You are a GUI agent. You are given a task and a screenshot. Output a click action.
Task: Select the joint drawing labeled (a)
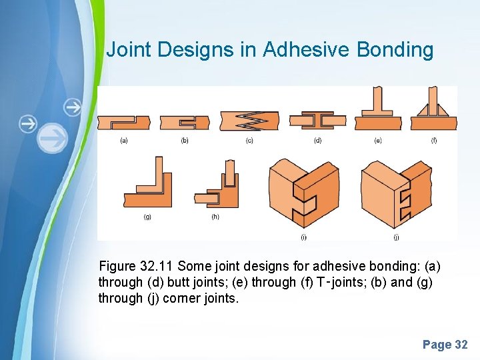point(124,122)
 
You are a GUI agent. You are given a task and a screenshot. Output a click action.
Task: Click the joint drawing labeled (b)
point(185,122)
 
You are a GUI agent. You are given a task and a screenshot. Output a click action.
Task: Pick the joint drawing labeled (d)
point(317,120)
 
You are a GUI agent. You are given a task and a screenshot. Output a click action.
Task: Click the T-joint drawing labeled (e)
point(377,111)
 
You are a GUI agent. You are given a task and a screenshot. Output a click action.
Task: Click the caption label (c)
point(249,140)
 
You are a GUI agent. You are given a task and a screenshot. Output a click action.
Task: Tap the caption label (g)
point(147,217)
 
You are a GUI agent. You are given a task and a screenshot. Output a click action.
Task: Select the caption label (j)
point(396,237)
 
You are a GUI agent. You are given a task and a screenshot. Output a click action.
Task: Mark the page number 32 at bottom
point(461,345)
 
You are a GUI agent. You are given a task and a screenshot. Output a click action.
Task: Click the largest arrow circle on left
point(52,139)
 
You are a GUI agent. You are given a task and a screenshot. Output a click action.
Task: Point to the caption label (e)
point(378,140)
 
